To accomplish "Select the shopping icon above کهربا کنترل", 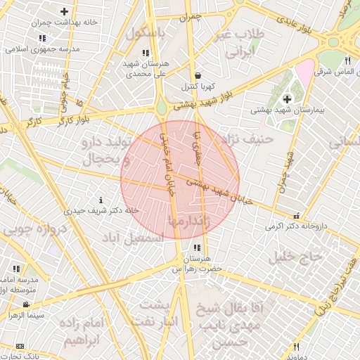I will point(198,75).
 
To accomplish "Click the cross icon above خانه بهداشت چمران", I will point(65,11).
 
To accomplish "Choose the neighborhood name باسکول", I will point(146,34).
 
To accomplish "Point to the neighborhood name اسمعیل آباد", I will point(133,239).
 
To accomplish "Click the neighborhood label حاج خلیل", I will point(295,257).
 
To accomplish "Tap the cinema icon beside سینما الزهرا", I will point(26,304).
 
